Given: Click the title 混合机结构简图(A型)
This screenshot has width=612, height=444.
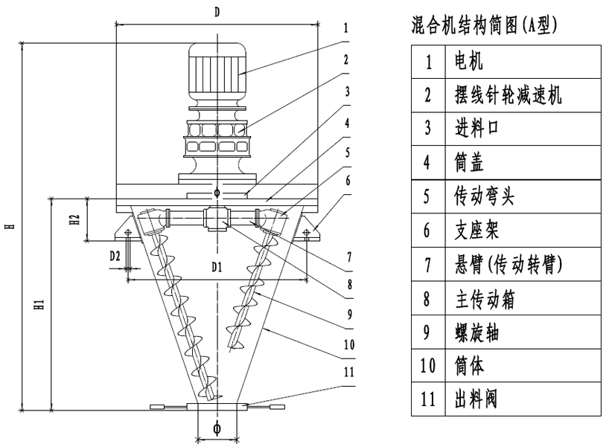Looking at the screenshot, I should pyautogui.click(x=484, y=28).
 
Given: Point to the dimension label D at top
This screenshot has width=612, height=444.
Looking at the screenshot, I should pyautogui.click(x=217, y=12).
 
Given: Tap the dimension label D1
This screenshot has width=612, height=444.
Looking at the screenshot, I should pyautogui.click(x=216, y=266).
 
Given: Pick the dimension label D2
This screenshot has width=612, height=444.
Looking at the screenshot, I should pyautogui.click(x=115, y=255).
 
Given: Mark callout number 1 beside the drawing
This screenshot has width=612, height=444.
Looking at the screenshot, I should pyautogui.click(x=346, y=30).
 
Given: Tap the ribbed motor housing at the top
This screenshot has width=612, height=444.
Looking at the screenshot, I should pyautogui.click(x=217, y=71).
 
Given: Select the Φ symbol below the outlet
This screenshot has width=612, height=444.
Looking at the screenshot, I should pyautogui.click(x=217, y=428).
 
